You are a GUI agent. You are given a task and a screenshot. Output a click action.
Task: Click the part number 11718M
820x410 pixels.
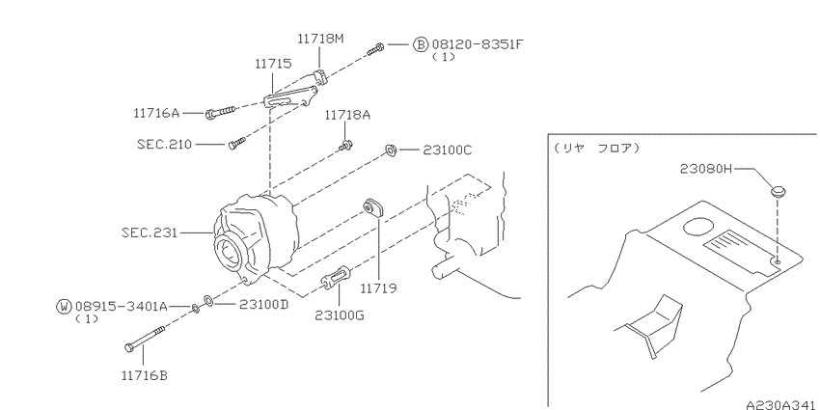tap(320, 39)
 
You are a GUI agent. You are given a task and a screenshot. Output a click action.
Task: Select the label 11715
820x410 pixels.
tap(273, 64)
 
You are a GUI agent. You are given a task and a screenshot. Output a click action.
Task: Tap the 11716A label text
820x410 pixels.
tap(156, 113)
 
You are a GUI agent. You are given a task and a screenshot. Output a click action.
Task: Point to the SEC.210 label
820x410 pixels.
tap(164, 144)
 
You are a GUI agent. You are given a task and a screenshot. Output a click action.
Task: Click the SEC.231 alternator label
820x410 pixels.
tap(149, 232)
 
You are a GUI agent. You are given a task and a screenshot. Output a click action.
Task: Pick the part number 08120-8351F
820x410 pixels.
tap(477, 44)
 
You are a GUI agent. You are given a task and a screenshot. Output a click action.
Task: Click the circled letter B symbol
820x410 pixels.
tap(421, 44)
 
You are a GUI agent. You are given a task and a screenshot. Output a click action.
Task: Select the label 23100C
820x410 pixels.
tap(447, 150)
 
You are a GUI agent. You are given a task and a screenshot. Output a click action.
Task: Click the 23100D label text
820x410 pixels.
tap(263, 304)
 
